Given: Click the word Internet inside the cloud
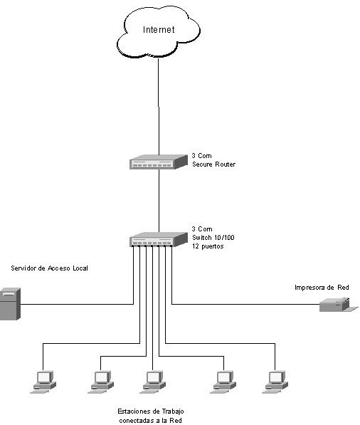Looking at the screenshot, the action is click(159, 30).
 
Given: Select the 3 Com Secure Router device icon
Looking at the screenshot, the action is click(159, 162).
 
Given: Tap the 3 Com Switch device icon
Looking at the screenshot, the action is click(159, 239).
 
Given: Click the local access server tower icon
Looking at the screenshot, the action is click(10, 304).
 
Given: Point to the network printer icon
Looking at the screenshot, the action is click(339, 305).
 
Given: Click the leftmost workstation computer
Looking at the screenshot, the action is click(43, 382).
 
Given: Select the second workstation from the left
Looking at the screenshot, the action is click(101, 382).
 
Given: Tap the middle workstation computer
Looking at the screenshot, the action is click(153, 382).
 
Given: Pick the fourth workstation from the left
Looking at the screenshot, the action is click(223, 382).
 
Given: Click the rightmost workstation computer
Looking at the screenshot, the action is click(275, 382).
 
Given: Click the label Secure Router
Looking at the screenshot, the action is click(213, 164).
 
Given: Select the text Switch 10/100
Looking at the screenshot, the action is click(213, 238).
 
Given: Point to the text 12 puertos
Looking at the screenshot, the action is click(208, 246).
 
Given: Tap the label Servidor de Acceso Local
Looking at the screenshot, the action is click(49, 268).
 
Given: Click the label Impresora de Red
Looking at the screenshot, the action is click(322, 288).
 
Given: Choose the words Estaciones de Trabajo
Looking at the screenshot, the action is click(151, 411).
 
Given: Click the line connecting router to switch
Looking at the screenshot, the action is click(159, 201).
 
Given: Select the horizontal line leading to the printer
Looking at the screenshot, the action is click(245, 304).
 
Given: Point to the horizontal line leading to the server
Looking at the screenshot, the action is click(77, 304).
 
